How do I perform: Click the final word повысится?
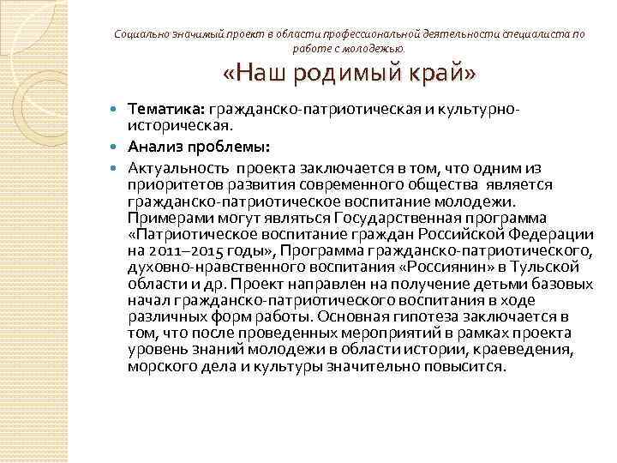click(x=470, y=365)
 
